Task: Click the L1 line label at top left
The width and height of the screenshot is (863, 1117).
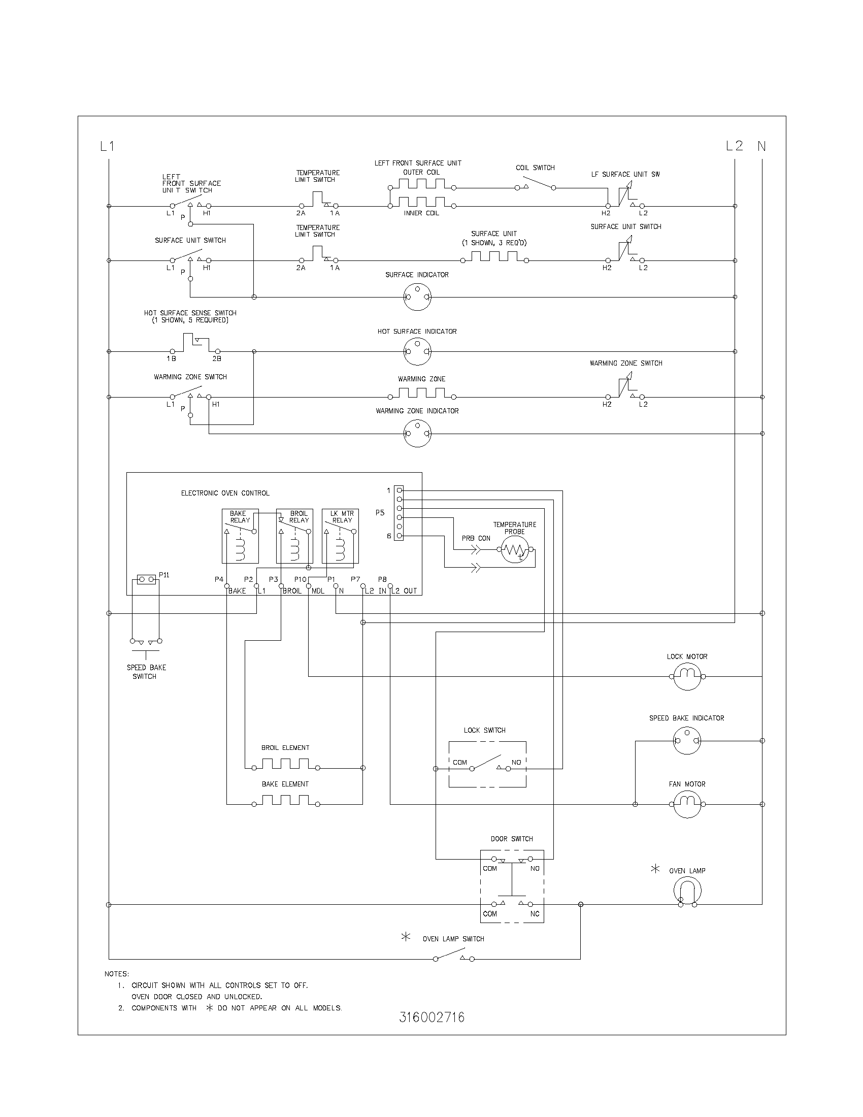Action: (107, 146)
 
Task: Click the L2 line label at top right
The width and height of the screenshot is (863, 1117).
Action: (734, 146)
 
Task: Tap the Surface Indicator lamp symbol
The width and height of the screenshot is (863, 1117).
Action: (417, 297)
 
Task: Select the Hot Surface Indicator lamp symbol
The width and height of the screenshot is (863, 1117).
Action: (417, 351)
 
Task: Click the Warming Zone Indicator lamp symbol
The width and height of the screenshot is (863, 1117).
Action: (417, 433)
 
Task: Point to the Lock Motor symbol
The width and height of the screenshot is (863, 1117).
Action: (687, 676)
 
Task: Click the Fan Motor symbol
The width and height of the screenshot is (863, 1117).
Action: (687, 804)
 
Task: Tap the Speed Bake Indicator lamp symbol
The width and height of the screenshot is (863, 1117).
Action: (687, 740)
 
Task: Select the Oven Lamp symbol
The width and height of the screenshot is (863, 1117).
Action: (687, 891)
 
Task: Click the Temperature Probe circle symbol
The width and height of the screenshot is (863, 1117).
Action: (514, 550)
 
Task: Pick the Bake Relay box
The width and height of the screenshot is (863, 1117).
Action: (240, 536)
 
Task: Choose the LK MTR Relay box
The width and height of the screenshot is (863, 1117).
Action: (341, 536)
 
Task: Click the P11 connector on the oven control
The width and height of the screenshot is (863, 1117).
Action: (147, 579)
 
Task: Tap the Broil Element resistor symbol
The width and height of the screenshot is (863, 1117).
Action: (285, 764)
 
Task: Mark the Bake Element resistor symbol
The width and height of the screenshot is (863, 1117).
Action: (285, 800)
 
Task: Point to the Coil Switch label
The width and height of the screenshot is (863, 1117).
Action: (535, 168)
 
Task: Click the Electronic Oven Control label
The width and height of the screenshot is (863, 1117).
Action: (225, 493)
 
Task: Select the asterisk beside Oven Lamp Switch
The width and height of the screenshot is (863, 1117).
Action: (406, 937)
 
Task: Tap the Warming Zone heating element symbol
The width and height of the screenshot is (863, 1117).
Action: (422, 393)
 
